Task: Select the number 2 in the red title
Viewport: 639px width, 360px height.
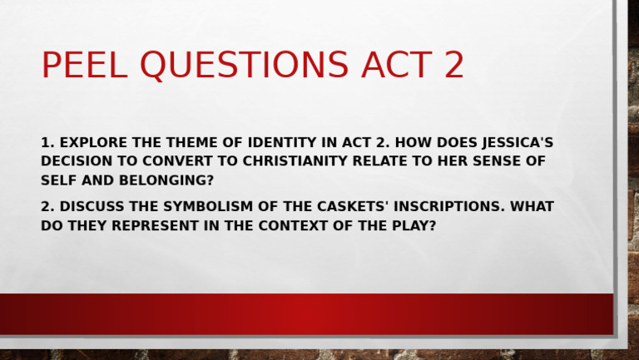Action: tap(453, 66)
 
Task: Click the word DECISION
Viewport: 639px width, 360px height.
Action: tap(77, 161)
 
